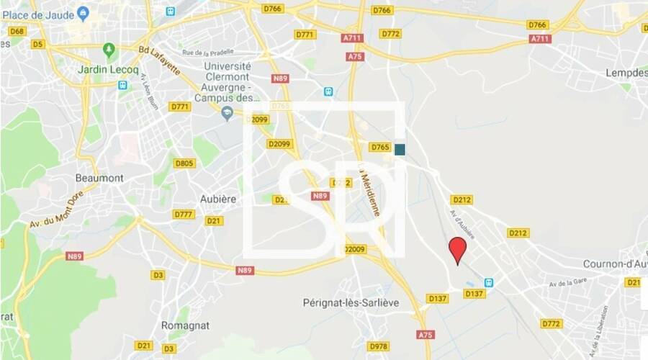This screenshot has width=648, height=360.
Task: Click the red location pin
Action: click(x=457, y=249)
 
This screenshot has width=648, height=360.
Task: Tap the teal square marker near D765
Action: click(x=400, y=149)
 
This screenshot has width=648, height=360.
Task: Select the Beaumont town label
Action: click(x=99, y=178)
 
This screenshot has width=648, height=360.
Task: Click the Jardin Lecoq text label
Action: click(x=108, y=70)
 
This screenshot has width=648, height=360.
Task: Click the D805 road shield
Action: click(x=184, y=163)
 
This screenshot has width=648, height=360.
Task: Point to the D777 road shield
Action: click(x=184, y=214)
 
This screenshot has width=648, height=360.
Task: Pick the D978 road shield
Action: click(x=377, y=346)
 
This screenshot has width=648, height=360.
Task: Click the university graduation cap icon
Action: click(x=227, y=112)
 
